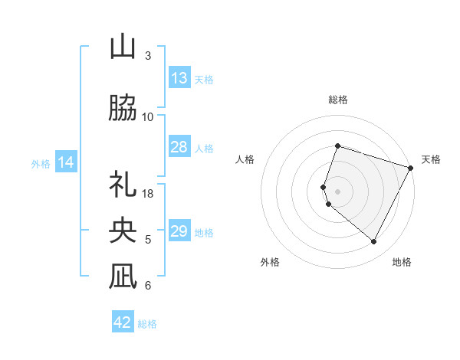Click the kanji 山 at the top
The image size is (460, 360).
pyautogui.click(x=123, y=47)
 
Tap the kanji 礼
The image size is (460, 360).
pyautogui.click(x=123, y=185)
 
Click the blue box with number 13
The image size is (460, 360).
pyautogui.click(x=179, y=78)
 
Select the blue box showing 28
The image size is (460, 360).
pyautogui.click(x=179, y=147)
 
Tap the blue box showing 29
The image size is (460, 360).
pyautogui.click(x=179, y=231)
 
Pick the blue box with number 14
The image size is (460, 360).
pyautogui.click(x=66, y=162)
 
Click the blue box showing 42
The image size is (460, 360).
pyautogui.click(x=123, y=322)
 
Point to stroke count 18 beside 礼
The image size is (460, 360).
pyautogui.click(x=149, y=194)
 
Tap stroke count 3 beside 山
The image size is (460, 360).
pyautogui.click(x=148, y=56)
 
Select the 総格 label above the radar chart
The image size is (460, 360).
pyautogui.click(x=338, y=100)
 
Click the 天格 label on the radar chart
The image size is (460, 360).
pyautogui.click(x=431, y=159)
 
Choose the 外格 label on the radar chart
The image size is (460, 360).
pyautogui.click(x=270, y=263)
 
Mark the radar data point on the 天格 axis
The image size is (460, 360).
pyautogui.click(x=411, y=167)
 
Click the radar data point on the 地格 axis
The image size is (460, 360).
pyautogui.click(x=374, y=242)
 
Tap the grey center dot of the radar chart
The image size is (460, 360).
pyautogui.click(x=338, y=191)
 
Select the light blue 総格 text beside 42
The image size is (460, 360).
pyautogui.click(x=147, y=324)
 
